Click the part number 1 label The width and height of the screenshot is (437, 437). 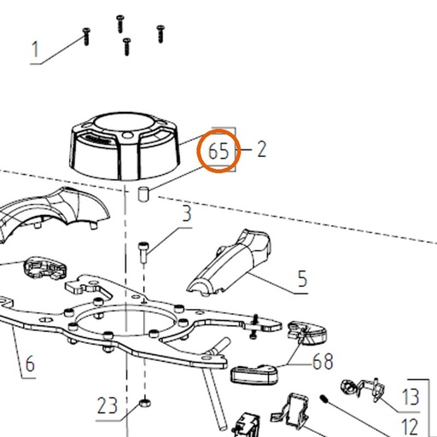point(35,50)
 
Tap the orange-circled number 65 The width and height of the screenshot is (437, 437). point(218,151)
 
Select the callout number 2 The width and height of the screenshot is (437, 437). point(262,149)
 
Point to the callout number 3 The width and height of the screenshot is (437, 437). point(187,213)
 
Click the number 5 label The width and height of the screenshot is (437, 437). point(302,278)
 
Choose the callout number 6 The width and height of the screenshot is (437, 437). point(30,364)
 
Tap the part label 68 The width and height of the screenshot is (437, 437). point(323,361)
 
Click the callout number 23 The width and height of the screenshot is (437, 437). point(108,405)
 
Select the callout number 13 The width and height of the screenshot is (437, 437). point(411,397)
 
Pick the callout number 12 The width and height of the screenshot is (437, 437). point(410,427)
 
